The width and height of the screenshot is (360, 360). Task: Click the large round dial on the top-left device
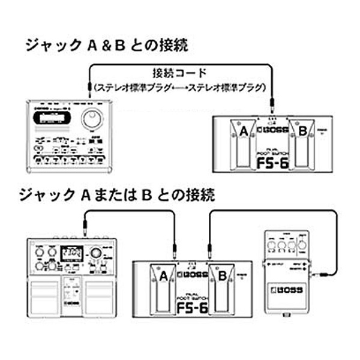(x=91, y=117)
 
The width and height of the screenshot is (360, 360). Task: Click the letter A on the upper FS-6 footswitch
(x=244, y=131)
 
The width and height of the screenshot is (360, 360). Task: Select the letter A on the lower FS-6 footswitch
(x=162, y=275)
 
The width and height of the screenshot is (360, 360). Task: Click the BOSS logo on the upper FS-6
(x=273, y=130)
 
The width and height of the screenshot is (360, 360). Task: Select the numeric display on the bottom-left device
(x=73, y=252)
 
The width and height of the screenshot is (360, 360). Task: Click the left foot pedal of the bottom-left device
(x=43, y=295)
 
